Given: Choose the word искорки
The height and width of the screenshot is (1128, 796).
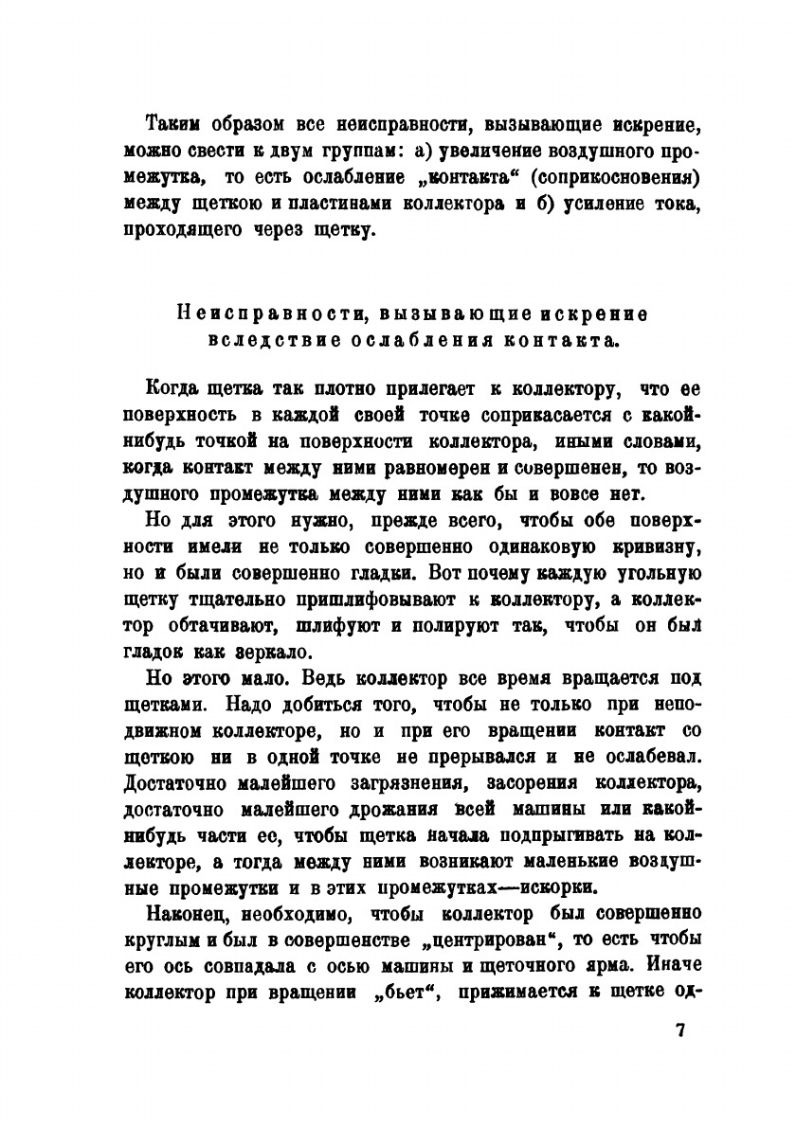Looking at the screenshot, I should (557, 887).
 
